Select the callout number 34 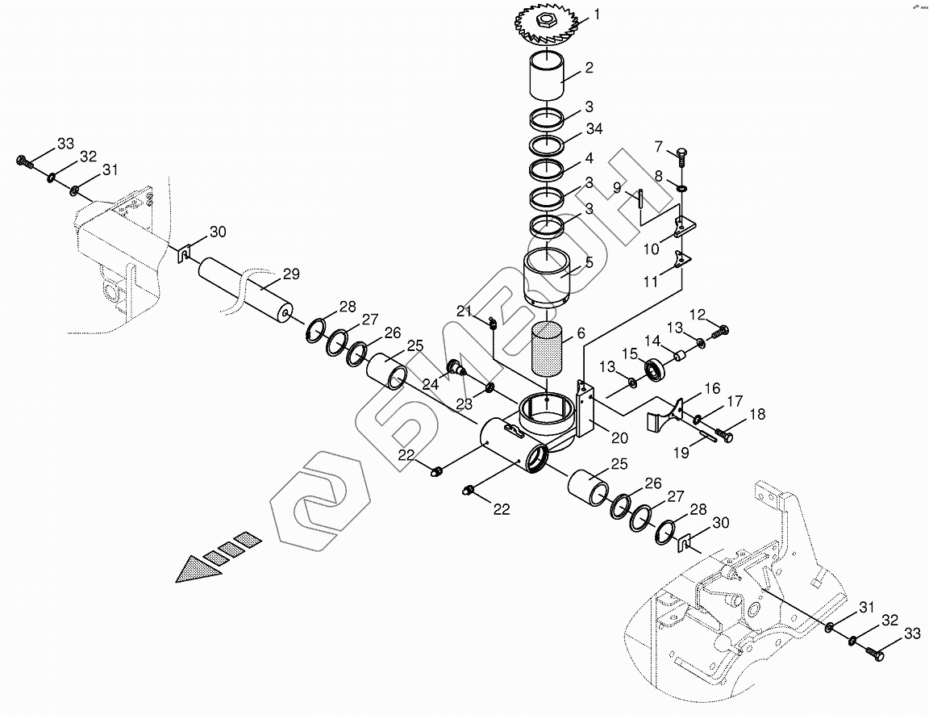[594, 129]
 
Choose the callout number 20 [619, 437]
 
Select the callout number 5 [589, 261]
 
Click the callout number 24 [431, 385]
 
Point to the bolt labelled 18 [727, 436]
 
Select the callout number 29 [291, 274]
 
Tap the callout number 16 [711, 388]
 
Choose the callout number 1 [597, 14]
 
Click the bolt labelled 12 [720, 330]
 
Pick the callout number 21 [463, 312]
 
